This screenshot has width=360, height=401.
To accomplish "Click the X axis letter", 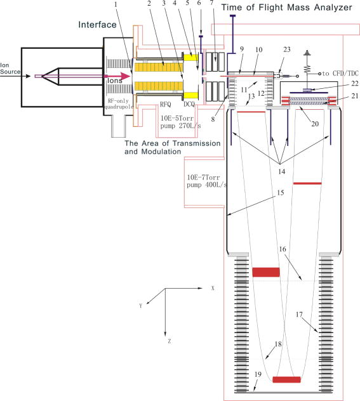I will (212, 287).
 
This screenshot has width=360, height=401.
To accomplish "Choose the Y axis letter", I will (141, 305).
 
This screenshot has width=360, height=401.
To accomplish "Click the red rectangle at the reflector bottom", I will (286, 379).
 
